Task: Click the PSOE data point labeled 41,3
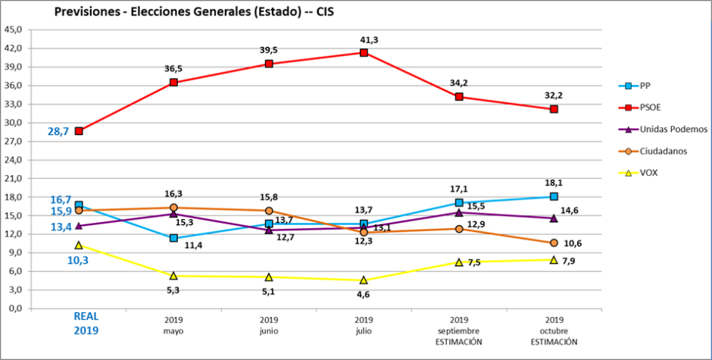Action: tap(364, 52)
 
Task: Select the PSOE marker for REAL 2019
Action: tap(79, 130)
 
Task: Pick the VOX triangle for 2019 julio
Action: tap(364, 280)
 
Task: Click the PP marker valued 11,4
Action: tap(173, 238)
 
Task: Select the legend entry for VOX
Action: tap(648, 173)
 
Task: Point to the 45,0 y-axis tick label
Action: tap(14, 30)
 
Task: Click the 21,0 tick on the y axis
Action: tap(14, 178)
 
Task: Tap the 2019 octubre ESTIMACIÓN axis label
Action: tap(554, 330)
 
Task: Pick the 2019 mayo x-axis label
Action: tap(173, 325)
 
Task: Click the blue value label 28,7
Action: tap(58, 131)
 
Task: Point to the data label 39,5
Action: tap(269, 49)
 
